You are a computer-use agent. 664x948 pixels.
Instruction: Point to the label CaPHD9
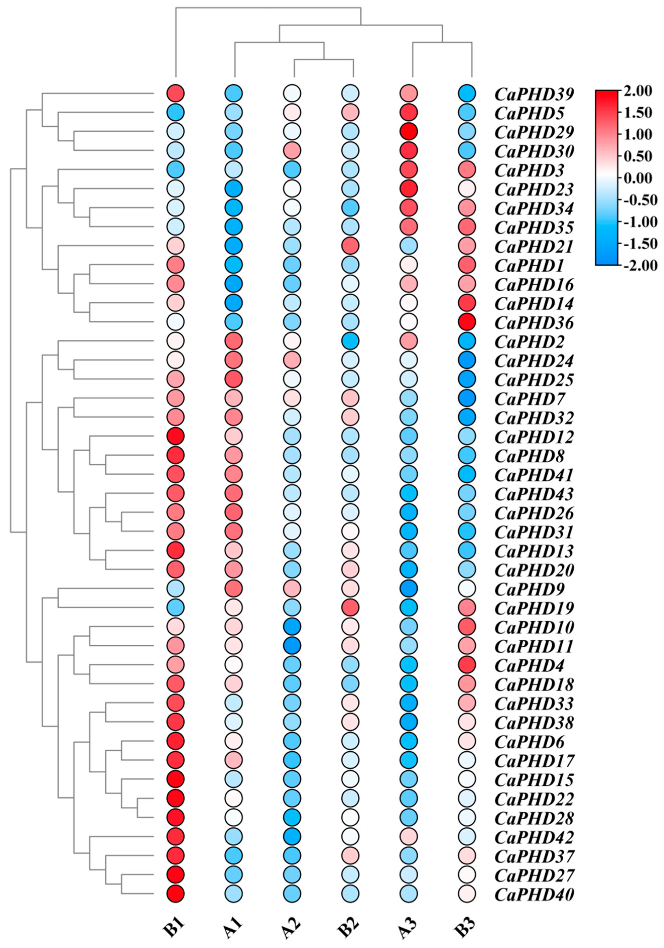[x=529, y=589]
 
